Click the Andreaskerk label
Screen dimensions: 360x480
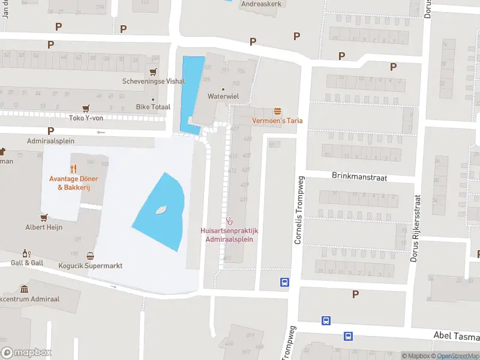[x=261, y=4]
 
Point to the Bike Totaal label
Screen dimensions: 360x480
[x=153, y=107]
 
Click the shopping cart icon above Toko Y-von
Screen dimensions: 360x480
[x=86, y=108]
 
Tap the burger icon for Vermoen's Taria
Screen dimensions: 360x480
[x=277, y=111]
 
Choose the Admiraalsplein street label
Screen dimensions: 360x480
[x=50, y=141]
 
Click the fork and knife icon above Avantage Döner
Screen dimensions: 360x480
[x=73, y=169]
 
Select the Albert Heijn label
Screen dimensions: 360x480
[x=44, y=227]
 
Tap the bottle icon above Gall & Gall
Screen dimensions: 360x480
[x=25, y=253]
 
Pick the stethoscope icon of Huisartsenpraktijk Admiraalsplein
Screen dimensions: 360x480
[x=229, y=221]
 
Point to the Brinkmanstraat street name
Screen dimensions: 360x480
[x=359, y=177]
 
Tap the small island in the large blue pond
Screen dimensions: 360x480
[x=160, y=210]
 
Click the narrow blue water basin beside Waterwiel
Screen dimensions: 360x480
[x=191, y=93]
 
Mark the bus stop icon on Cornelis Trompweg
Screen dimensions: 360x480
[x=284, y=282]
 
